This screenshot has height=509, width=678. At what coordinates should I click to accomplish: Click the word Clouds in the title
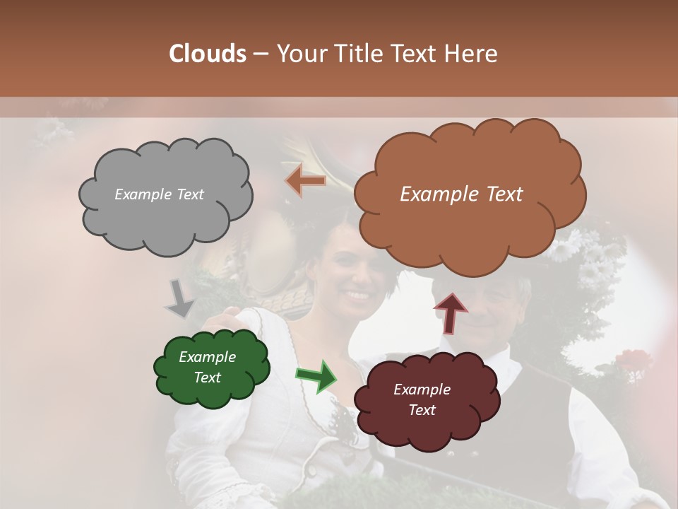[207, 54]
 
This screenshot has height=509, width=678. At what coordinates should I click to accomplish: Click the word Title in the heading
[353, 54]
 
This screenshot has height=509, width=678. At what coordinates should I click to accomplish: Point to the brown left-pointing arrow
[306, 181]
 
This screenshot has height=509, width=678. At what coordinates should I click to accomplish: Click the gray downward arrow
[179, 298]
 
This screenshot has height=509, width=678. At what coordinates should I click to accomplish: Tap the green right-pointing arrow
[317, 376]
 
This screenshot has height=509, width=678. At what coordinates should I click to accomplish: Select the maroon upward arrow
[450, 312]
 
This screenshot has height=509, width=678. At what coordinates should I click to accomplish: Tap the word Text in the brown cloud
[498, 194]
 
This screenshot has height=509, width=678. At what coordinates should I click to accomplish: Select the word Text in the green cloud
[208, 378]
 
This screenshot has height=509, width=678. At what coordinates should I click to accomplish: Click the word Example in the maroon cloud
[422, 390]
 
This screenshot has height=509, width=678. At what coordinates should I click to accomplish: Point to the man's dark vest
[537, 417]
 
